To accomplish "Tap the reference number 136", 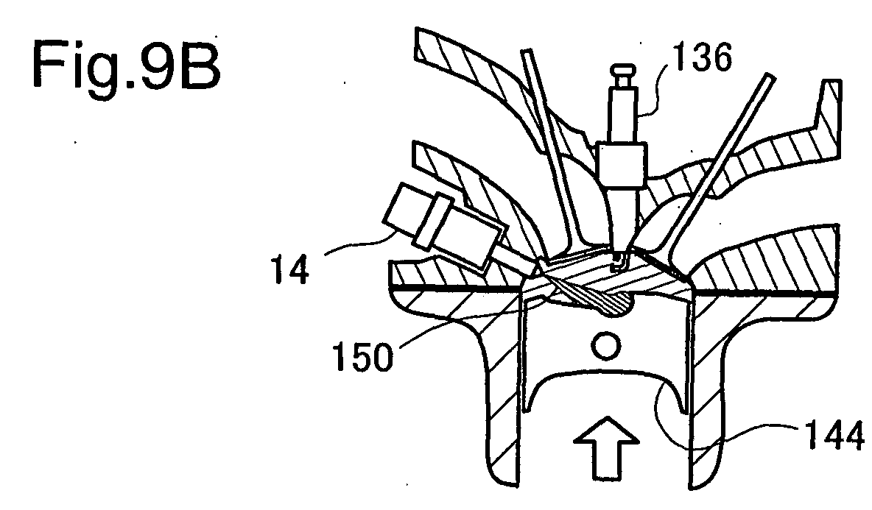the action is point(702,57).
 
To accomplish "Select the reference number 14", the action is point(290,271).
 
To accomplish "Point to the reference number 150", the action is point(362,356).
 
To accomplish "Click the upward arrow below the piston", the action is point(607,447).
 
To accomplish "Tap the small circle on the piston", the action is point(605,346).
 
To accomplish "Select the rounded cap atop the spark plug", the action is point(623,71).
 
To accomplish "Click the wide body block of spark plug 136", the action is point(622,166).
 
